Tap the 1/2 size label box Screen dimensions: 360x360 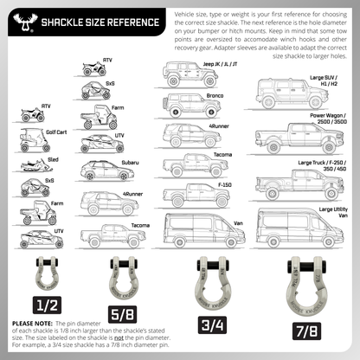click(x=45, y=305)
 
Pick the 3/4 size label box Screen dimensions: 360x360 click(x=212, y=324)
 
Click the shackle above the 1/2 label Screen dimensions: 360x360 click(x=45, y=273)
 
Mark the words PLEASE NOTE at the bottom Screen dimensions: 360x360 click(x=31, y=323)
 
